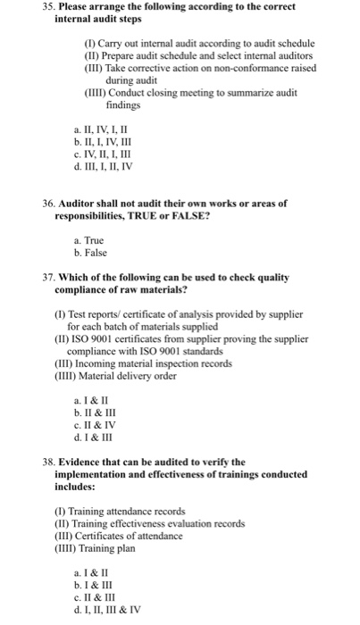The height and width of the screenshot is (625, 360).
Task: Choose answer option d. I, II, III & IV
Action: (x=113, y=610)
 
